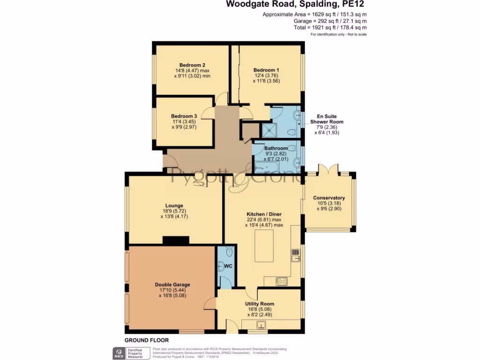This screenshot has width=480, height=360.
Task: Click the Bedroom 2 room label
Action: [x=192, y=65]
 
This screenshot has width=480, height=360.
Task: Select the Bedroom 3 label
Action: [x=184, y=116]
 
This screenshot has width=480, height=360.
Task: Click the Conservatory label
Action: [x=329, y=198]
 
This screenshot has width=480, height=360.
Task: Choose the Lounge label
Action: [x=174, y=205]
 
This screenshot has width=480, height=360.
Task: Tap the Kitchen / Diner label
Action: [x=263, y=214]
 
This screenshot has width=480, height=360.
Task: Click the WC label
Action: [x=228, y=266]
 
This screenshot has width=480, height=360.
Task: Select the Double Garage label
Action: [x=172, y=285]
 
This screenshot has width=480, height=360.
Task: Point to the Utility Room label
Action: [x=259, y=304]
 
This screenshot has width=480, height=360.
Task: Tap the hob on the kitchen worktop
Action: [x=283, y=281]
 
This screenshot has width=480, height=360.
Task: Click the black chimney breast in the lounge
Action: [x=176, y=240]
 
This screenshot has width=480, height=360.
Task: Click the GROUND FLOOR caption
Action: [x=146, y=340]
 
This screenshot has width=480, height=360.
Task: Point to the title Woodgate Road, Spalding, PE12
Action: [x=295, y=5]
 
